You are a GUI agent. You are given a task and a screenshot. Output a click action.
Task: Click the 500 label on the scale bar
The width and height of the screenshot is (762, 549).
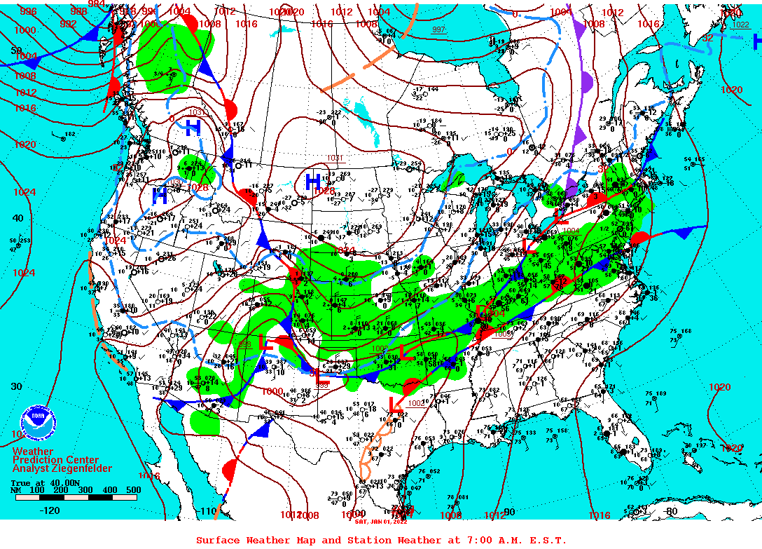[x=133, y=489]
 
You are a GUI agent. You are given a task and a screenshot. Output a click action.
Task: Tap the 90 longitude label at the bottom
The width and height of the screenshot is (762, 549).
[x=509, y=512]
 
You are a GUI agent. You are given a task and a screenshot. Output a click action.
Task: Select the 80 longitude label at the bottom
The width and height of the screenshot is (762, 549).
[x=672, y=511]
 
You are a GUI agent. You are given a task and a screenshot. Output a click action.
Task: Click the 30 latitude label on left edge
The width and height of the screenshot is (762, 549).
[x=17, y=386]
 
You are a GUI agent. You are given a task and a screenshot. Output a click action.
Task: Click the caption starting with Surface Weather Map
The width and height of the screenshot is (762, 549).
[x=381, y=540]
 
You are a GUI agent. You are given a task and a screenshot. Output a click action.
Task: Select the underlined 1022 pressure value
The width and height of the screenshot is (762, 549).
[x=740, y=25]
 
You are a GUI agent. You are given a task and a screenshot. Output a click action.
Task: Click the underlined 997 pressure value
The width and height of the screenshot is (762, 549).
[x=438, y=29]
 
